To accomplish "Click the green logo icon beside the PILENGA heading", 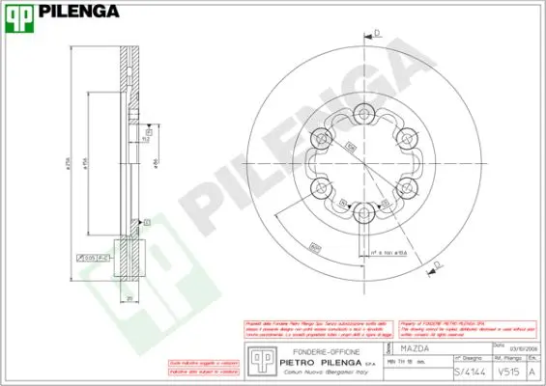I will tap(19, 13).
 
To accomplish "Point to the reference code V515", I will tap(504, 371).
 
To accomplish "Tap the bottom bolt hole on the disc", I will tap(364, 214).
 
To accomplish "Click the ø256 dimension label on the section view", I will tap(70, 165).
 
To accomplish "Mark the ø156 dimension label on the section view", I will tap(89, 165).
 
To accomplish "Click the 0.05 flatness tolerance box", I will tap(90, 258).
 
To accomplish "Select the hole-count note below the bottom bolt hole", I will tap(384, 252).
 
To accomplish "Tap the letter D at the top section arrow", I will tap(377, 32).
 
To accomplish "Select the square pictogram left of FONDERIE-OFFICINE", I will tap(258, 358).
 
